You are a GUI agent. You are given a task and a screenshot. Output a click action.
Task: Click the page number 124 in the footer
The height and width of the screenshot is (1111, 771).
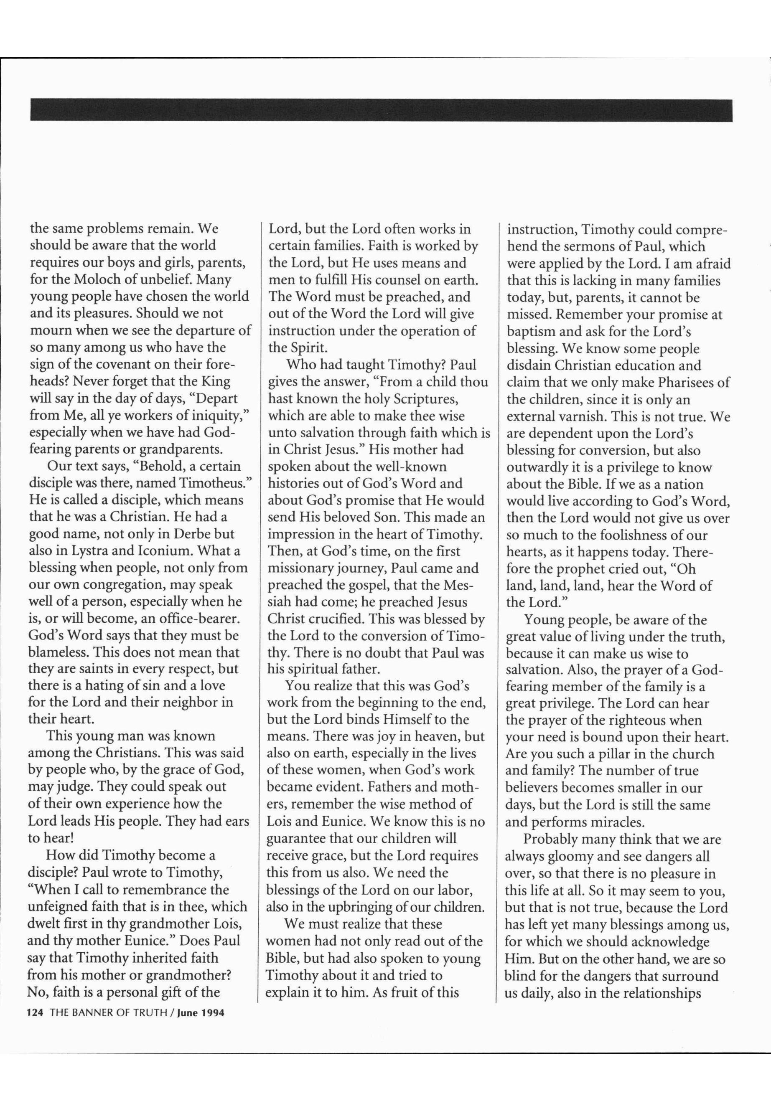[36, 1013]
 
